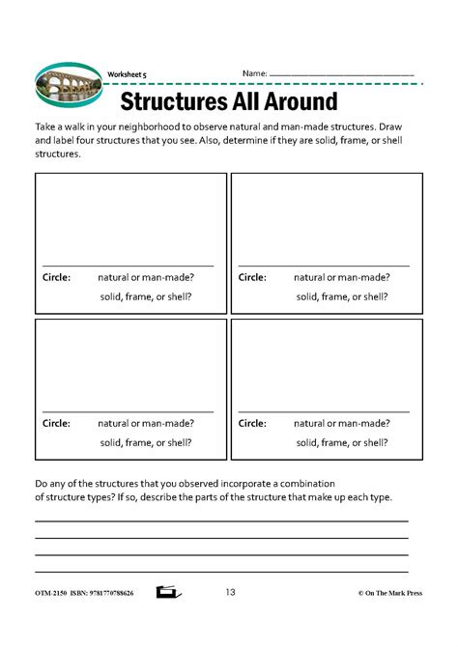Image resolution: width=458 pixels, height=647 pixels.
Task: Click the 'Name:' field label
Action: coord(254,73)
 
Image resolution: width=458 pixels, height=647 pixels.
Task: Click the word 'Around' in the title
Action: coord(301,101)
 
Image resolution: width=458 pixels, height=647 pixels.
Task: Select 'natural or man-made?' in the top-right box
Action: coord(341,277)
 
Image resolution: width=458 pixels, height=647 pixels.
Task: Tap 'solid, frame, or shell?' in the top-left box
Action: coord(145,296)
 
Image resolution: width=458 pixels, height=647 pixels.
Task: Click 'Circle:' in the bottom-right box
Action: coord(252,423)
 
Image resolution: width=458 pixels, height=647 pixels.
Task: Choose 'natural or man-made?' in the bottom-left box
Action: coord(146,423)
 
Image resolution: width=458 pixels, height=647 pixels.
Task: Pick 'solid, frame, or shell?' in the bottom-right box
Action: coord(341,442)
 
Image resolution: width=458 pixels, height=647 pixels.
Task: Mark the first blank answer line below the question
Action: coord(221,520)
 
